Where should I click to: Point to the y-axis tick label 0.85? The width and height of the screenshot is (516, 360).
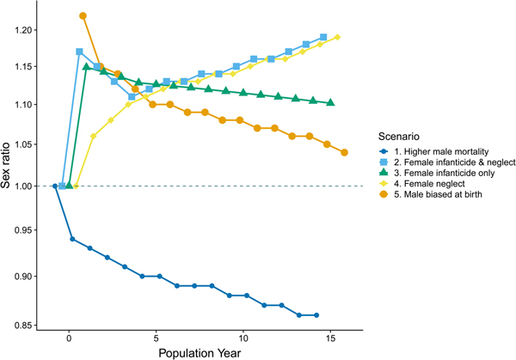(x=28, y=325)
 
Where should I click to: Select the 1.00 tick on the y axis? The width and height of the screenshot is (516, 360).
(x=28, y=186)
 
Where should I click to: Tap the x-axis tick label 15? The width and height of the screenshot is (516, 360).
(x=331, y=339)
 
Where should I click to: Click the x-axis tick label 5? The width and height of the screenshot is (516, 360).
(x=157, y=339)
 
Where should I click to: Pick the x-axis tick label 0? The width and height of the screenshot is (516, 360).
(x=69, y=339)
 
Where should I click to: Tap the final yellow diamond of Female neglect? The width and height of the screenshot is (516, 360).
(x=338, y=37)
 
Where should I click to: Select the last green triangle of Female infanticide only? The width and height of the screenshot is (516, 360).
(x=331, y=102)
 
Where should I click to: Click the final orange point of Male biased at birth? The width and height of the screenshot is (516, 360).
(x=344, y=152)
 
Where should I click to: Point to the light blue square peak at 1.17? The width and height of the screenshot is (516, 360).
(x=79, y=52)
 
